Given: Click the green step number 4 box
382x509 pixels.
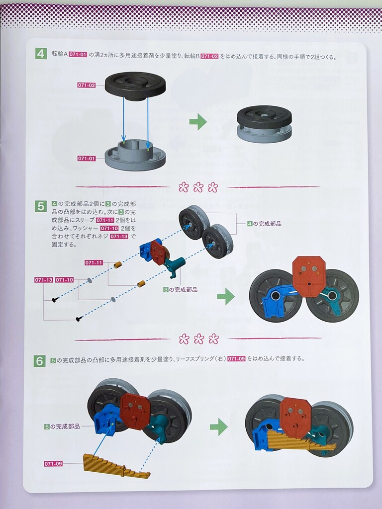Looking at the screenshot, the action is coord(41,54).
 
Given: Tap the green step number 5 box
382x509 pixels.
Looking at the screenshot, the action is coord(41,206).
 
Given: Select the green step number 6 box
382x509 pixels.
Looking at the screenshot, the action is coord(40,361).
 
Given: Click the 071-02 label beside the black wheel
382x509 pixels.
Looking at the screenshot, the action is coord(87,85).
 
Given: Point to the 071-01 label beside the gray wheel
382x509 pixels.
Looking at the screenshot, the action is coord(87,159).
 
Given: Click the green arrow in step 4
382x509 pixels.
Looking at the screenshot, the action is coord(198,122).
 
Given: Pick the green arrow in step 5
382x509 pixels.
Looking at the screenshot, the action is coord(226,296).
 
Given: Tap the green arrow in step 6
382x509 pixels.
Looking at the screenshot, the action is coord(219,426).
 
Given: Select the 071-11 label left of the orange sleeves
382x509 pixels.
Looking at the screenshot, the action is coord(94,262).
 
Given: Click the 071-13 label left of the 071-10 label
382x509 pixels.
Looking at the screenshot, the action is coord(44,280).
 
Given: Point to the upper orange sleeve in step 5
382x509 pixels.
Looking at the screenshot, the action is coord(117,265).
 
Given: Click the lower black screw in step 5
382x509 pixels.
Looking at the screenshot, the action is coord(78,320).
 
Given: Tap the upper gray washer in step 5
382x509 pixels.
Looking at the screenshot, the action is coord(90,280).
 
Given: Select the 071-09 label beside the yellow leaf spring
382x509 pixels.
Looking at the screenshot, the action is coord(53,464).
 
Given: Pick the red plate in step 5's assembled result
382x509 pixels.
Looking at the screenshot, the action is coord(309,276).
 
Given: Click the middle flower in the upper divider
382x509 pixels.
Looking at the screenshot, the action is coord(198,187).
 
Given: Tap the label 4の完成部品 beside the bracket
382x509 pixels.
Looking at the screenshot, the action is coord(264,224).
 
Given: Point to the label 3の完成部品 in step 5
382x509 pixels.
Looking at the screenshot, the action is coord(180,290).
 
